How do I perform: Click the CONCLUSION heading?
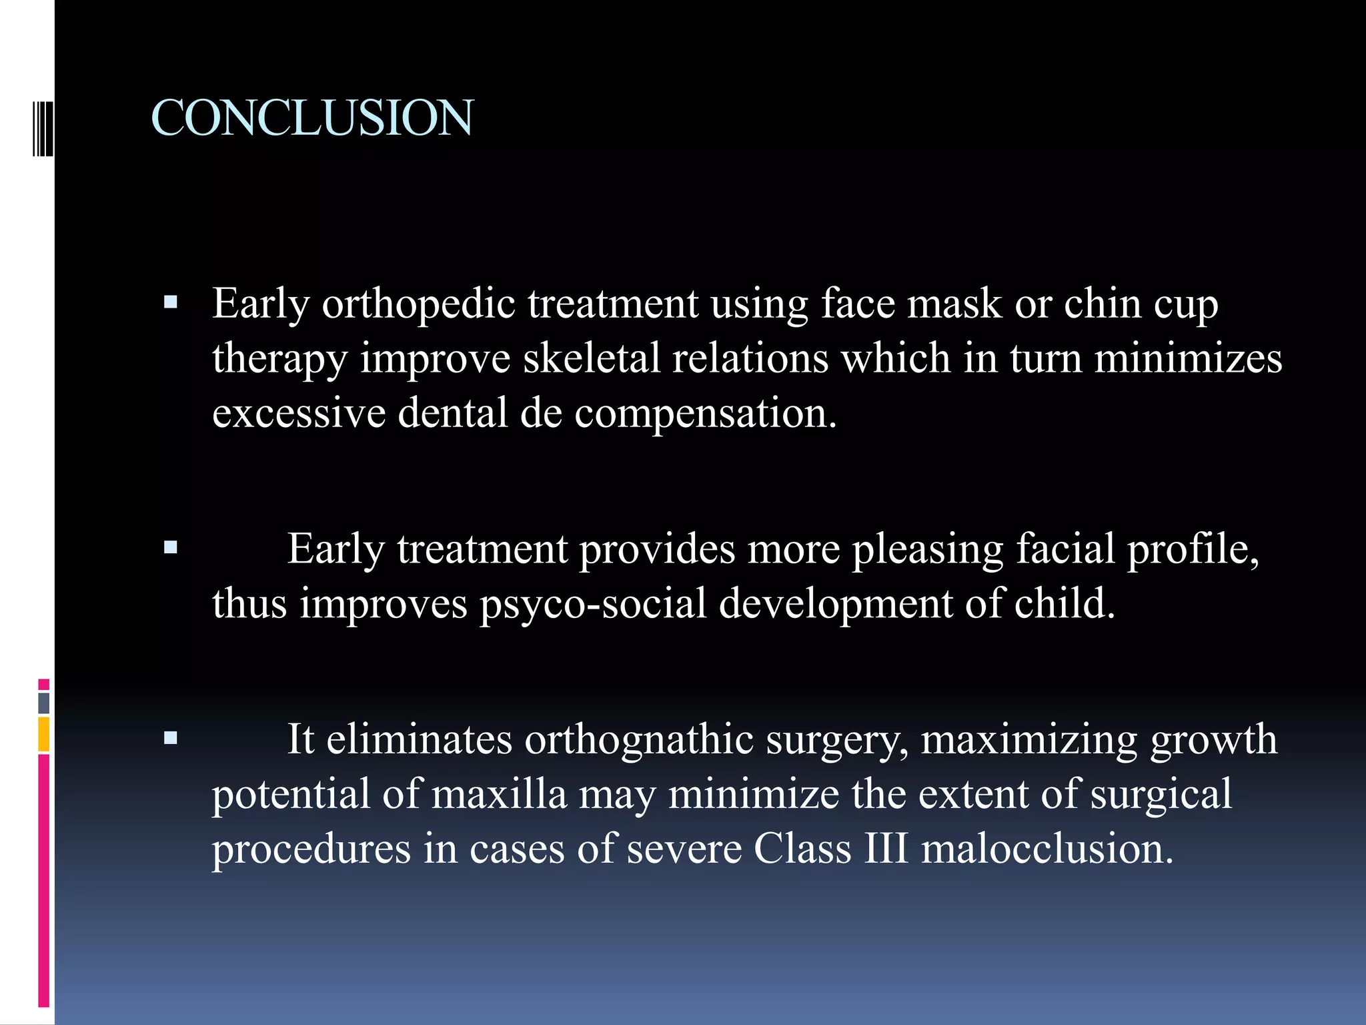[x=312, y=118]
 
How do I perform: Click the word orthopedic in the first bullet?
[x=418, y=304]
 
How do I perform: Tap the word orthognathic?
[x=639, y=739]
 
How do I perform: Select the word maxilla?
[x=499, y=795]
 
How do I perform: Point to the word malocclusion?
[x=1047, y=849]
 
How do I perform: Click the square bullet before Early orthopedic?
[x=171, y=303]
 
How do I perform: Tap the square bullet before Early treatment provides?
[x=171, y=549]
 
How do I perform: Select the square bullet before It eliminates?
[x=171, y=738]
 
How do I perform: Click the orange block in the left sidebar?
[x=44, y=734]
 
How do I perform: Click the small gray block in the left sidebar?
[x=44, y=703]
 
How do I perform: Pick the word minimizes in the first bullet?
[x=1188, y=358]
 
